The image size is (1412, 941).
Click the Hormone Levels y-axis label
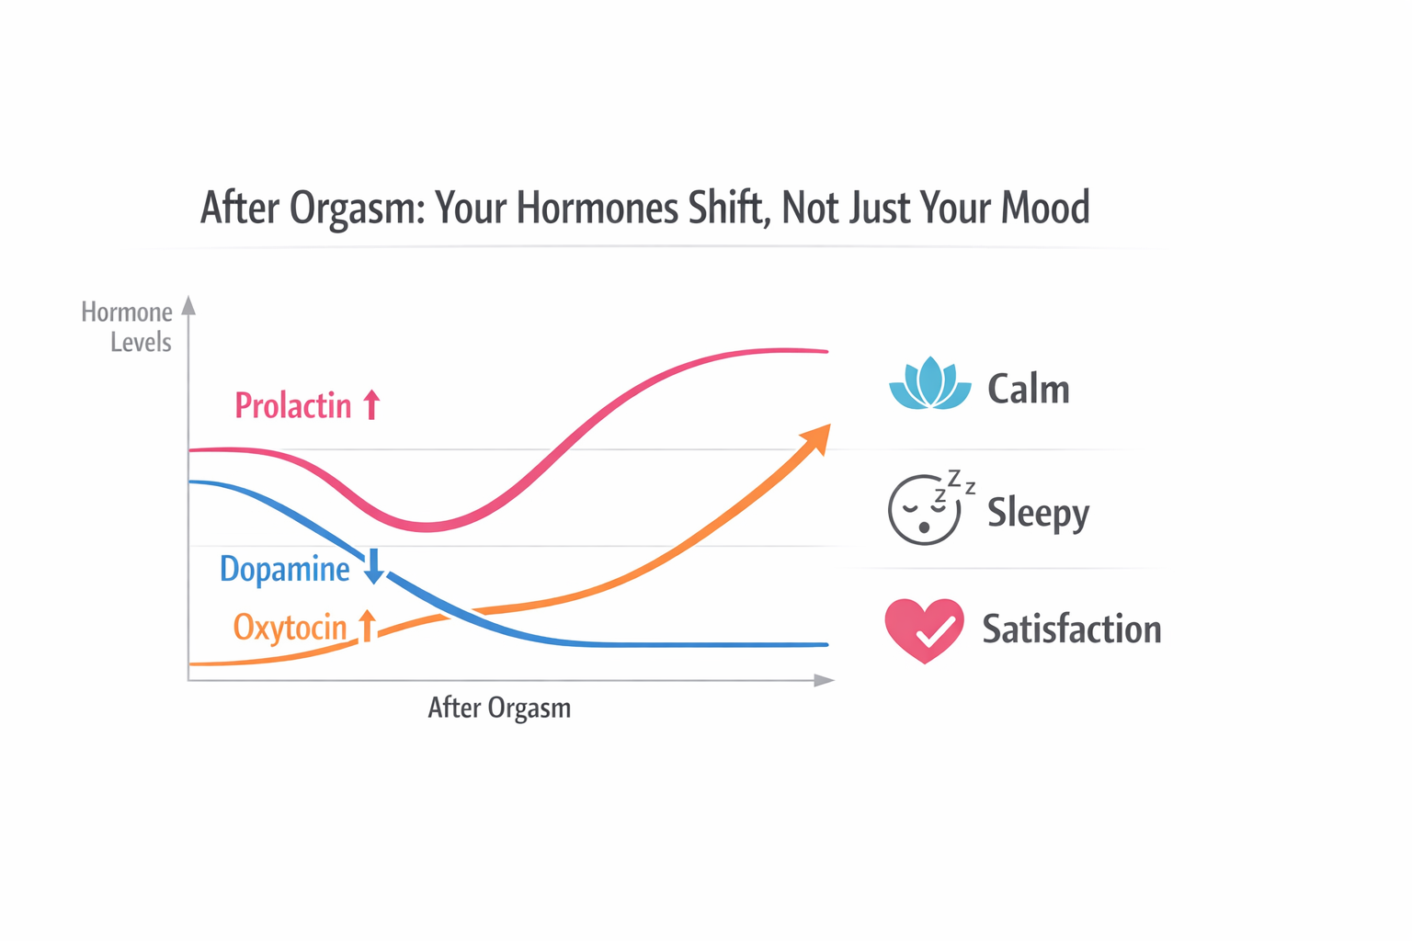[128, 327]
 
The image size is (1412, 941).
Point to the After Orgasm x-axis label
[499, 708]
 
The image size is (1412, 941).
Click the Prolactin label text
[293, 405]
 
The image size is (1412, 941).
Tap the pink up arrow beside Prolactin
[371, 404]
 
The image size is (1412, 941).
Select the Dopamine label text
[285, 570]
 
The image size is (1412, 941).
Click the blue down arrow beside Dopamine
[373, 566]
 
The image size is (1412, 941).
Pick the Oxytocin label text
[290, 628]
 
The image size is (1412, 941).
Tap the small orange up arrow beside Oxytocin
[367, 626]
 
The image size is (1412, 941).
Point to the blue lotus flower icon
[929, 384]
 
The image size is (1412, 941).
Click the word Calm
[1029, 390]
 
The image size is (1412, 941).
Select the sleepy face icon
[926, 508]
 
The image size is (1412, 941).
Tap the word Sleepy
[1038, 512]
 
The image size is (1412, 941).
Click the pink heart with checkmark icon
[924, 630]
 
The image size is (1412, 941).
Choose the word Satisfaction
[1072, 629]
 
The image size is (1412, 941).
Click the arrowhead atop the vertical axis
[188, 305]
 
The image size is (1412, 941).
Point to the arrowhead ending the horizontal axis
[824, 680]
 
